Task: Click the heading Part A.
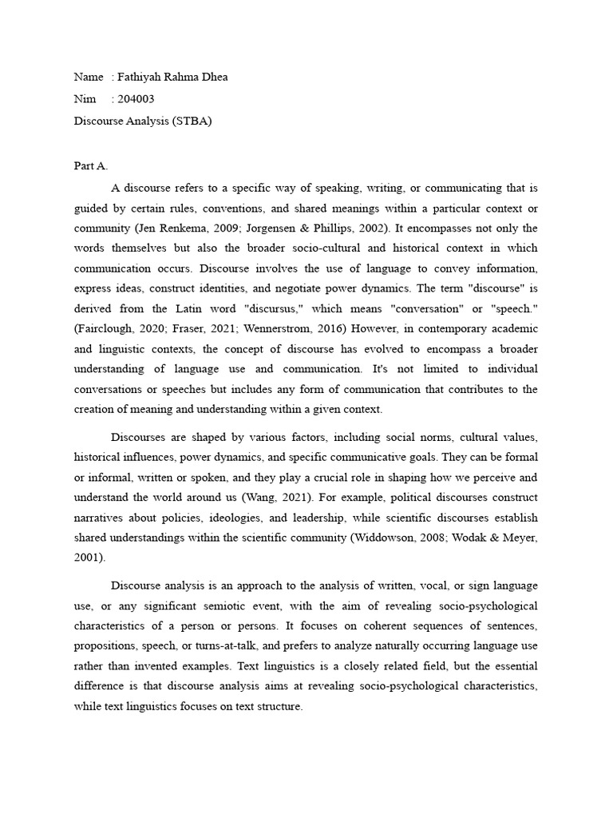(90, 166)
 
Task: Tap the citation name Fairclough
(109, 329)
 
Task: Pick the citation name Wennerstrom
(282, 329)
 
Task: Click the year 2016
(342, 329)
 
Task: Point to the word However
(382, 329)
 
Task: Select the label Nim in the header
(84, 99)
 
